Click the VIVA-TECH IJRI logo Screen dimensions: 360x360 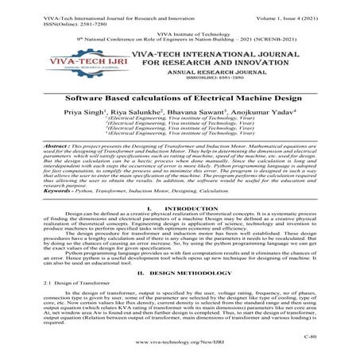tap(77, 64)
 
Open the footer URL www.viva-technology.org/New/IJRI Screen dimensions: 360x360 tap(180, 349)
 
